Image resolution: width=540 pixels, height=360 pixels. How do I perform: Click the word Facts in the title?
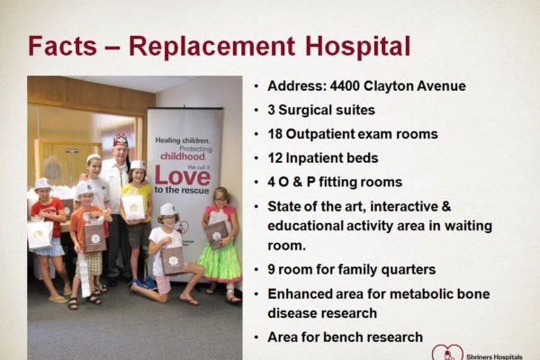[62, 46]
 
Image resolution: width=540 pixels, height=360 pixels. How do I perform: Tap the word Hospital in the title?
[357, 47]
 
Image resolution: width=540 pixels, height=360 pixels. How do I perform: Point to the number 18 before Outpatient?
[274, 134]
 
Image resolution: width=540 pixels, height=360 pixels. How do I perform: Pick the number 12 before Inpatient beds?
[274, 158]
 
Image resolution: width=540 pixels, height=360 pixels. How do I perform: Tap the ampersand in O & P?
[298, 182]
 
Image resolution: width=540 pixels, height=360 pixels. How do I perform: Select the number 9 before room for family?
[271, 269]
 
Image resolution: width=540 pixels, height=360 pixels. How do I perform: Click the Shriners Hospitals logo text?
[494, 357]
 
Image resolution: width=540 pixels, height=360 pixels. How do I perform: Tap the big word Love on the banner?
[182, 175]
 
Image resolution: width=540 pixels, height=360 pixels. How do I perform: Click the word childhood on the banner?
[183, 157]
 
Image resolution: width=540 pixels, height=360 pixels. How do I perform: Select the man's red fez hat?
[121, 139]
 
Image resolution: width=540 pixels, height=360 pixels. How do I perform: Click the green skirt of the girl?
[220, 262]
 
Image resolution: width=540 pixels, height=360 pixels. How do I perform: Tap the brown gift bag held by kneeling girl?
[173, 260]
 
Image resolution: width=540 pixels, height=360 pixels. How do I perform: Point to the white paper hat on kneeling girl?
[167, 209]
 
